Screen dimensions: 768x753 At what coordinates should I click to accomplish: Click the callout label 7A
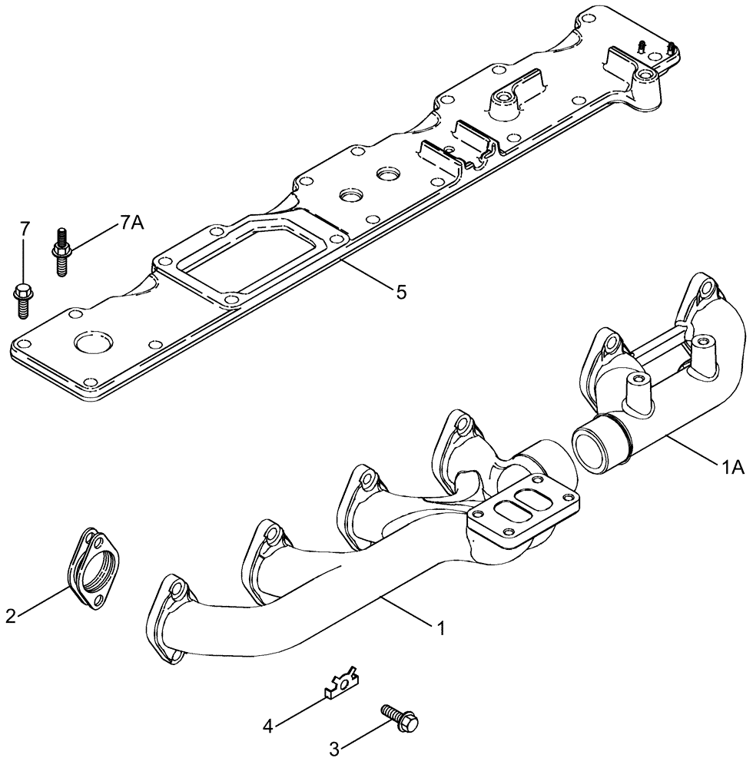131,223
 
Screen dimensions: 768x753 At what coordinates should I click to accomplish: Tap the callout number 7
25,228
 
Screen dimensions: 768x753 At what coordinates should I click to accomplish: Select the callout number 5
400,291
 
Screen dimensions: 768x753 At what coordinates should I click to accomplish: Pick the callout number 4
269,724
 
